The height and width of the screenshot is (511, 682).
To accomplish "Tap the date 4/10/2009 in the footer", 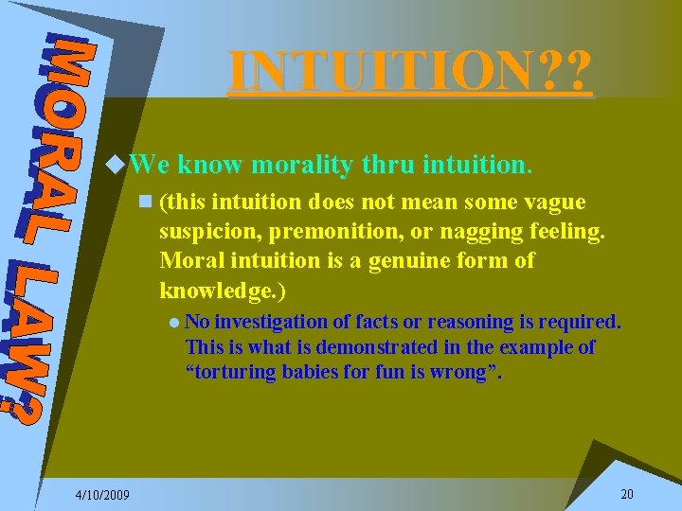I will pyautogui.click(x=104, y=495).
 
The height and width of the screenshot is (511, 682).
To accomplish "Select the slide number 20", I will pyautogui.click(x=626, y=494).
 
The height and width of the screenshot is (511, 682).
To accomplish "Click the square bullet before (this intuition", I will pyautogui.click(x=144, y=203).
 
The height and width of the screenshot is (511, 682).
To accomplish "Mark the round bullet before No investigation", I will pyautogui.click(x=174, y=323).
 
